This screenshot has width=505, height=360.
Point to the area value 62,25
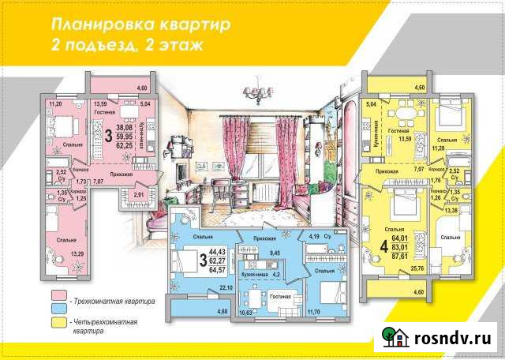[x=123, y=145]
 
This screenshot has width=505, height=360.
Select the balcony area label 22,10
[x=226, y=288]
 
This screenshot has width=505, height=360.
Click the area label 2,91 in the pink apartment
[x=138, y=193]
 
